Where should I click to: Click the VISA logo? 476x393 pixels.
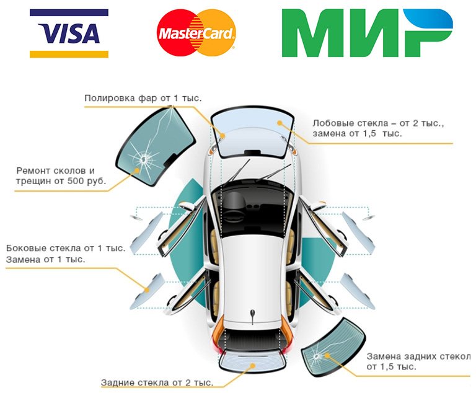pos(69,33)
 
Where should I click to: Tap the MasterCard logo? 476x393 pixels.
pos(196,33)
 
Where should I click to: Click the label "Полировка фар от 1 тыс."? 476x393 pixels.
pos(143,98)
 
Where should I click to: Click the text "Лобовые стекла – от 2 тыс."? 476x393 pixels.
pos(378,123)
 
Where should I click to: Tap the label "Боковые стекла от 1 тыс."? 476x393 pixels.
pos(66,248)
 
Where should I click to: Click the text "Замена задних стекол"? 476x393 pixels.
pos(418,356)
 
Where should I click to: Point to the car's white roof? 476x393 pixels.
pos(251,273)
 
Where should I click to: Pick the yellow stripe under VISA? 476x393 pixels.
pos(69,54)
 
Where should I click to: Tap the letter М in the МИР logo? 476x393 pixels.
pos(313,34)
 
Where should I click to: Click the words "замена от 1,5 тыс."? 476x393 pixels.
pos(358,133)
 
